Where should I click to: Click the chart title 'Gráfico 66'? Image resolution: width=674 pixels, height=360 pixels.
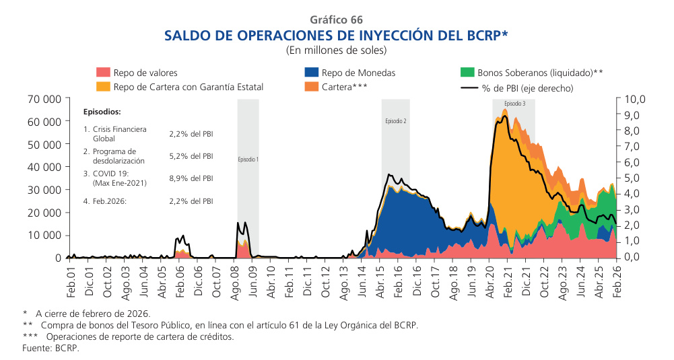click(x=337, y=20)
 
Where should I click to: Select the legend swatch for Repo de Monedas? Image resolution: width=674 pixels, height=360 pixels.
click(x=312, y=73)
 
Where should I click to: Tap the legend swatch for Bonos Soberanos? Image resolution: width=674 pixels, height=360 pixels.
click(x=467, y=73)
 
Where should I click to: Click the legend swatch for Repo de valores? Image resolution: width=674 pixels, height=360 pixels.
click(x=103, y=73)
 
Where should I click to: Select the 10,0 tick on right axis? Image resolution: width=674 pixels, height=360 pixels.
click(x=634, y=99)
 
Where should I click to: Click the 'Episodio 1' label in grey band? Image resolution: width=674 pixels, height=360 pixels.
click(x=248, y=160)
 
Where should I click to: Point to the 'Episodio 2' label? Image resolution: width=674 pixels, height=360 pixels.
click(x=395, y=121)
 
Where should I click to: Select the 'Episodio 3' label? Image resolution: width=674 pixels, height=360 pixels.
click(x=514, y=104)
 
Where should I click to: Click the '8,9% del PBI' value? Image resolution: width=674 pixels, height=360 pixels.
click(x=191, y=179)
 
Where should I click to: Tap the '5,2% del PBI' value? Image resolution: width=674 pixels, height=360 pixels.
click(x=191, y=156)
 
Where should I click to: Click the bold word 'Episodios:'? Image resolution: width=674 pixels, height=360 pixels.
click(x=102, y=112)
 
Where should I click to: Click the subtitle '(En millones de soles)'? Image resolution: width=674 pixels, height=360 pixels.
click(x=337, y=50)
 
